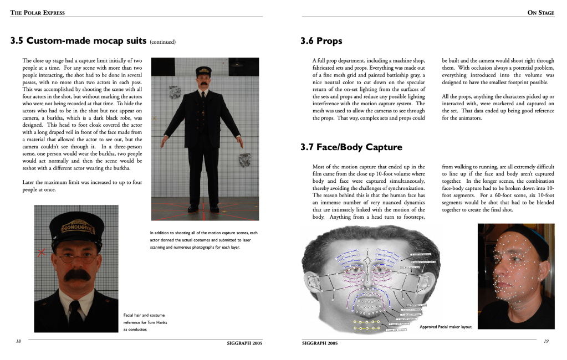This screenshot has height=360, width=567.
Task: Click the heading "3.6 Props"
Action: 321,41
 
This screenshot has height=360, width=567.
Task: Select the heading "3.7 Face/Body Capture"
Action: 351,147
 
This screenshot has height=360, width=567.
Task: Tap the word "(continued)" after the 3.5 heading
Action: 162,42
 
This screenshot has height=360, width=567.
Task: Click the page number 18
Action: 18,341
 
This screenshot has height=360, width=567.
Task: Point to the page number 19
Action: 546,341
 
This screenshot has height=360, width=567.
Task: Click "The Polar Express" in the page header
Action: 37,13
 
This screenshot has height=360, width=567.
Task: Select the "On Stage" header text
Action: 540,13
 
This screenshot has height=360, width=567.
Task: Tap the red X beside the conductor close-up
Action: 41,253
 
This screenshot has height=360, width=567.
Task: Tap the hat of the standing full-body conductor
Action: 203,71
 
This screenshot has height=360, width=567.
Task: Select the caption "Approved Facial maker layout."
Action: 446,327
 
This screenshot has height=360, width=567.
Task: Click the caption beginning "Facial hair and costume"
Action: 145,316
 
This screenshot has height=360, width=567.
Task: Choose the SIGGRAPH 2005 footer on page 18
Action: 244,343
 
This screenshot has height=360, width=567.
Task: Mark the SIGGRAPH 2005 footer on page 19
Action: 320,343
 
